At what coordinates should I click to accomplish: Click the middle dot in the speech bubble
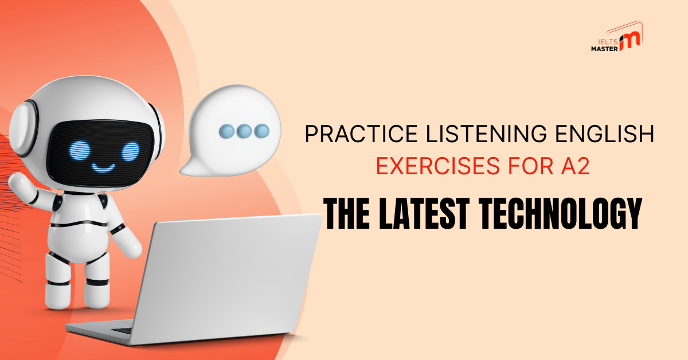(244, 131)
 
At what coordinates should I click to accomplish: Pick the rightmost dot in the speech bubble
(262, 131)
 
